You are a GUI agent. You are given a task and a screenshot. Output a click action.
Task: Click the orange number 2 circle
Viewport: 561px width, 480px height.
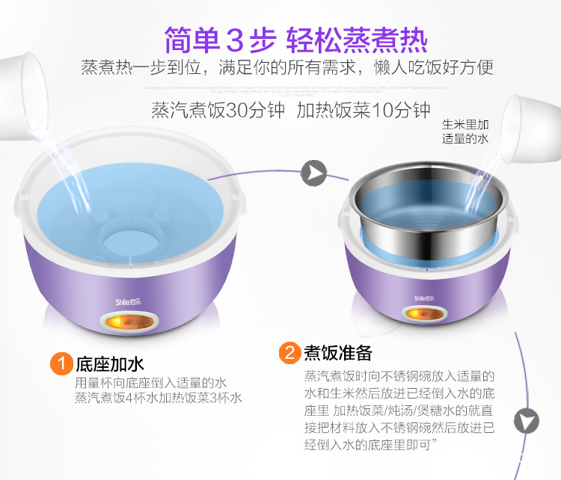(289, 352)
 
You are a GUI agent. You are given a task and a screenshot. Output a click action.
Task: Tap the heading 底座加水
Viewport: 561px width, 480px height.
(109, 365)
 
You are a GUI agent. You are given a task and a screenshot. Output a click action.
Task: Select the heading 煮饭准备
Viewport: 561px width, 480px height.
(337, 352)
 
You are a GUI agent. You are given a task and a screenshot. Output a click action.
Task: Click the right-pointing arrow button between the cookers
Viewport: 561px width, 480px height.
(314, 173)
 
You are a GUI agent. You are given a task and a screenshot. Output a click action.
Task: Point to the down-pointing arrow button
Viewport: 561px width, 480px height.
(527, 420)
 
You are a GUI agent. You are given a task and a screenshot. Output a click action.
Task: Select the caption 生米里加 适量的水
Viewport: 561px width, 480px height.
(465, 132)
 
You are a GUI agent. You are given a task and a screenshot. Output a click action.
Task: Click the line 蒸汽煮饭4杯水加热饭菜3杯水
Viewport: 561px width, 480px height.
(159, 399)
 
